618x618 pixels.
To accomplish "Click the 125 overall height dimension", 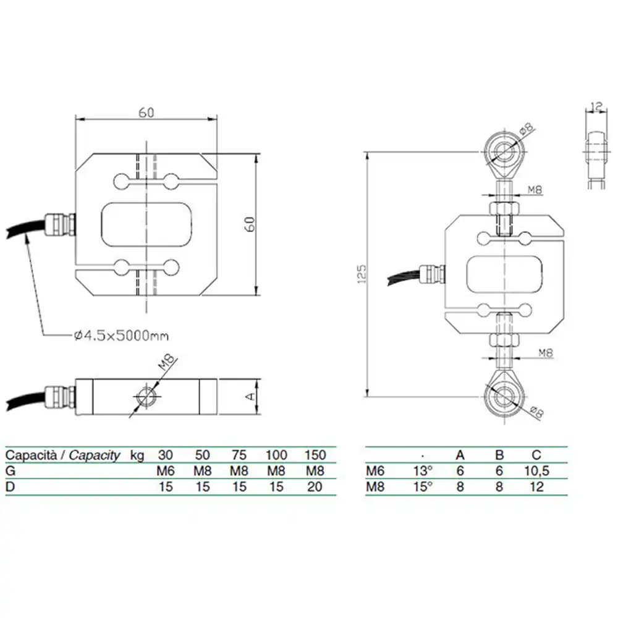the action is click(362, 274).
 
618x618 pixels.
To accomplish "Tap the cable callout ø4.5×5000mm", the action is click(121, 336).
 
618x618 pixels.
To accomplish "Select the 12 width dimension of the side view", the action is click(597, 106).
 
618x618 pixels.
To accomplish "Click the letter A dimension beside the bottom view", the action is click(250, 396).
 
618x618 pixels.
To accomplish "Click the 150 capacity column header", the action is click(315, 455).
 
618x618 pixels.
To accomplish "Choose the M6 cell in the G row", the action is click(166, 471).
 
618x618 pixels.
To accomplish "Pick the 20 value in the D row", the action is click(315, 487).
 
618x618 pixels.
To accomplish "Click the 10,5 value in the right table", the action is click(537, 471).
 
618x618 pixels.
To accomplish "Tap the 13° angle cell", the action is click(423, 471).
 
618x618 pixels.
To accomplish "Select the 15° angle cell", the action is click(423, 487).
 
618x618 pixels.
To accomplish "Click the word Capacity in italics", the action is click(95, 455).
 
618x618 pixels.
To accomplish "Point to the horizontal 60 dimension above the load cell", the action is click(146, 113).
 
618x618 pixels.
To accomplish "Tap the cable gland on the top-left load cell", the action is click(60, 224).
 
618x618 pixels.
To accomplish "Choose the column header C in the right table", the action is click(537, 455).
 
